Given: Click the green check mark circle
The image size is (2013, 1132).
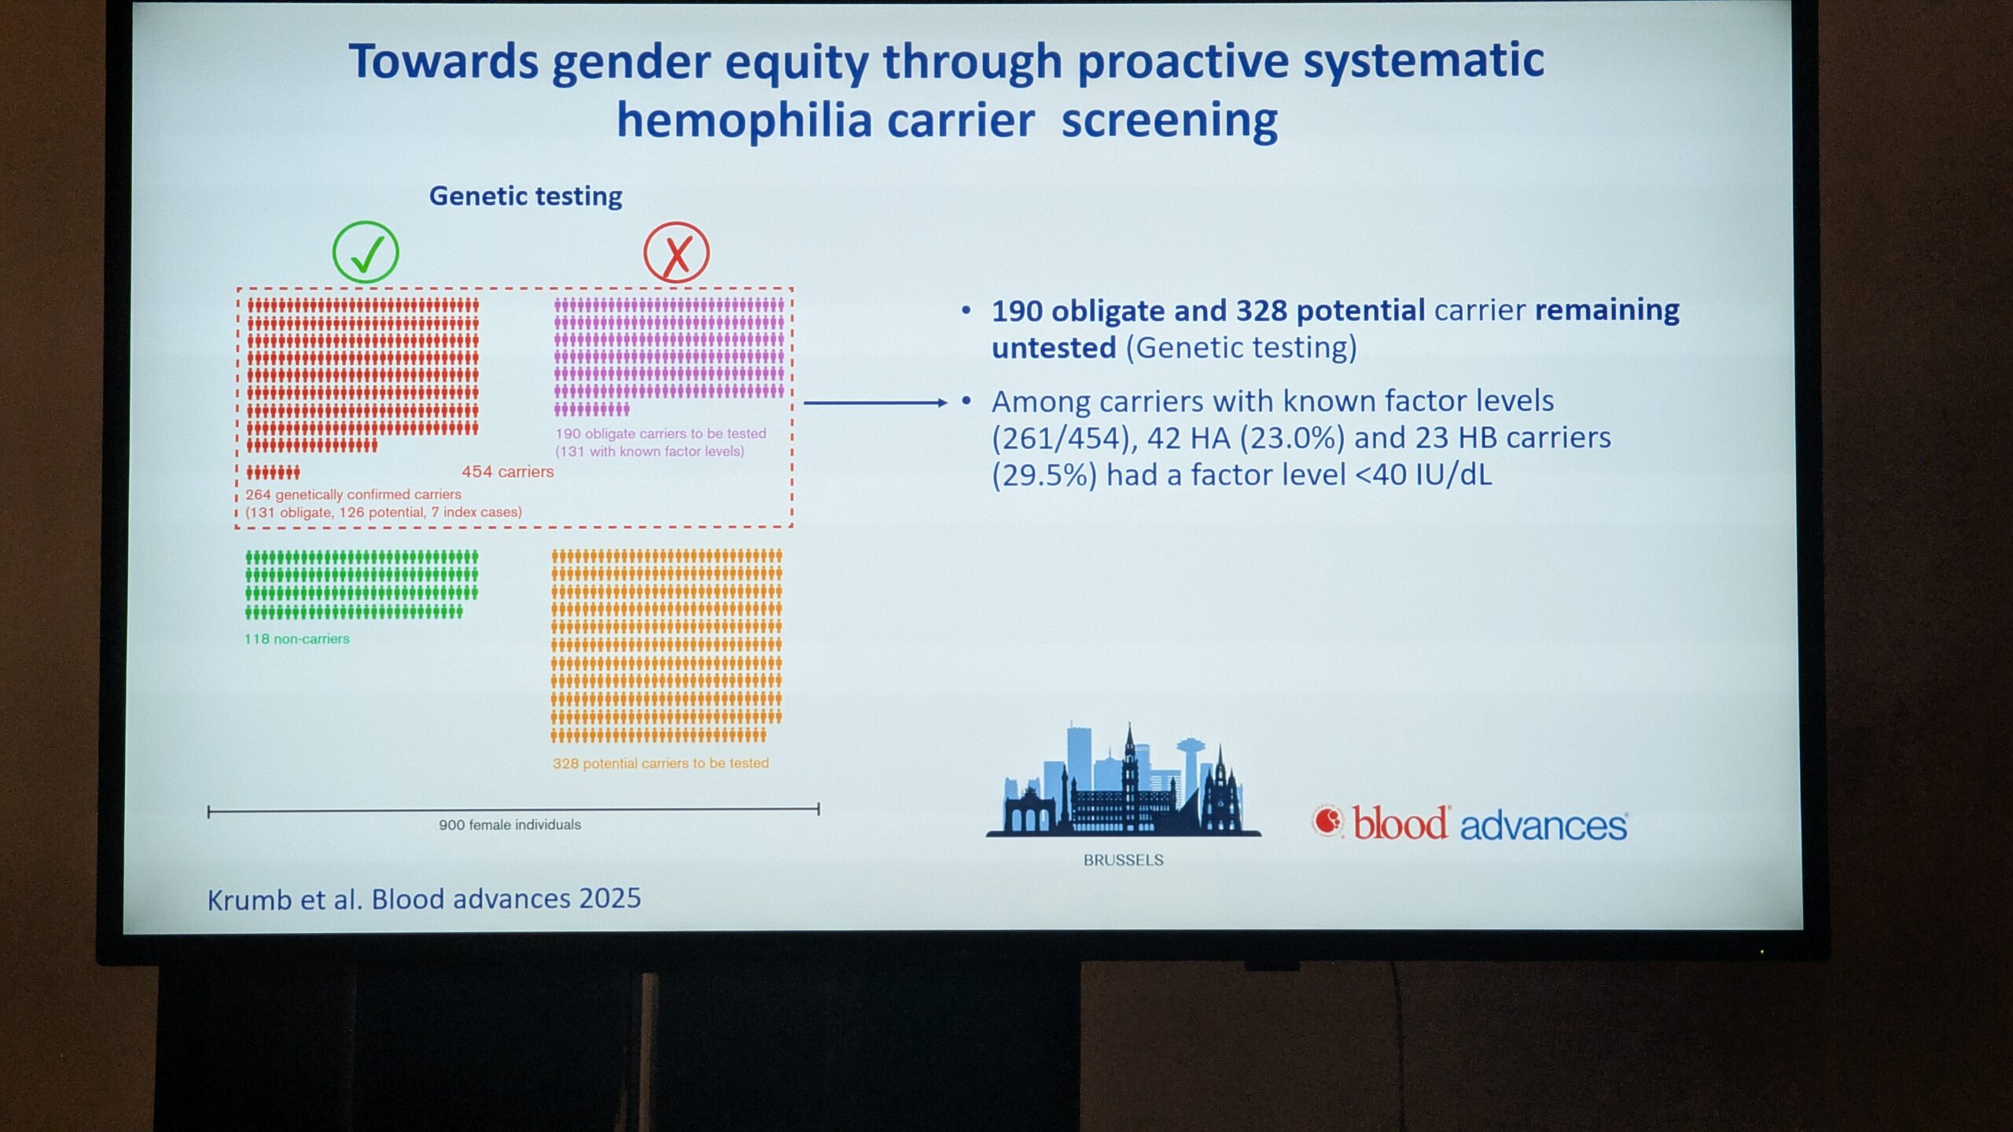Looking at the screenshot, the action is tap(366, 252).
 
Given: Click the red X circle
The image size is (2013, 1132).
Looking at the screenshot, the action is tap(676, 252).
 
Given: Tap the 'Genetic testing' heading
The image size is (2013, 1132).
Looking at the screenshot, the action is tap(525, 196).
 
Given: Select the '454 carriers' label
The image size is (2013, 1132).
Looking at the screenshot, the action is tap(507, 472).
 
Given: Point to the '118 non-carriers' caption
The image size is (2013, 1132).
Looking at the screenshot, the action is tap(296, 639).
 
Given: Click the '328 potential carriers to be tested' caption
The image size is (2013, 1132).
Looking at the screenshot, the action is tap(661, 763).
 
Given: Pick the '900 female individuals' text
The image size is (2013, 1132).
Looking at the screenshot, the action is tap(510, 825).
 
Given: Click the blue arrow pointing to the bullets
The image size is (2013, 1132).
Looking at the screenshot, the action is tap(875, 402).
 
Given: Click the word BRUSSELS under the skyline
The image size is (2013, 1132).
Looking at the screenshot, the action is tap(1124, 860).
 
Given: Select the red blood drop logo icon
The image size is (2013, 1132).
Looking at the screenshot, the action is tap(1328, 821).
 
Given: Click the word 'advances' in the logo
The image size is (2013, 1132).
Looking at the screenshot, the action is tap(1544, 826).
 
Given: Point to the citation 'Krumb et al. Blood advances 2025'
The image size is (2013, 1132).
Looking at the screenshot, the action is tap(424, 899).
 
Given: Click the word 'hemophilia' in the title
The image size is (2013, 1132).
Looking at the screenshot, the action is tap(825, 121).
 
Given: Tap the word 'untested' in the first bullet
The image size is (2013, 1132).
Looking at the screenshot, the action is tap(1054, 347).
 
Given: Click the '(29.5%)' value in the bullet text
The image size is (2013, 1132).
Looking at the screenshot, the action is tap(1043, 476).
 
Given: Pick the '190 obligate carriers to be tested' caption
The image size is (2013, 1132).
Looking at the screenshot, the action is tap(661, 434).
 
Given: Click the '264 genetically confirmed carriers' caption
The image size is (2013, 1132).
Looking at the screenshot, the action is tap(353, 494).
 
